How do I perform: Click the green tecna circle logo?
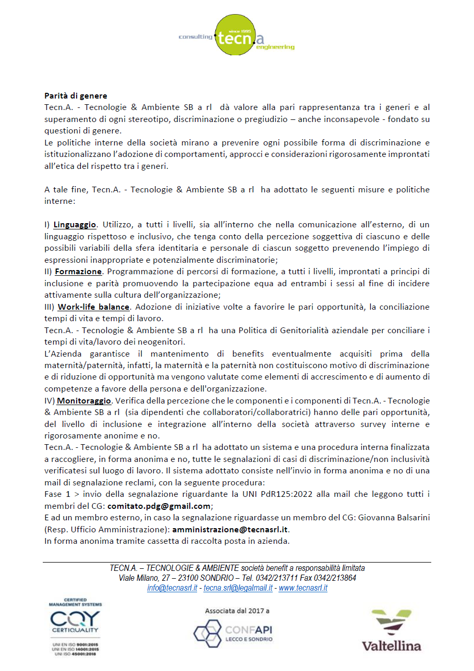[x=235, y=35]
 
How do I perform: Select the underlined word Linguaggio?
[x=75, y=225]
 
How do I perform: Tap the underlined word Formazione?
[x=78, y=272]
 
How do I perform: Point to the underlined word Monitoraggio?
[x=84, y=401]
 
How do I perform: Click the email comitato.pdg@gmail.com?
[x=160, y=506]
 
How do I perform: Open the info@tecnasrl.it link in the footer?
[x=172, y=588]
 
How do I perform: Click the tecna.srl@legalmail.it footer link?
[x=238, y=588]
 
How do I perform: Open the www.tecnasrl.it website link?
[x=303, y=588]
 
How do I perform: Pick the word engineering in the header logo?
[x=275, y=47]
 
